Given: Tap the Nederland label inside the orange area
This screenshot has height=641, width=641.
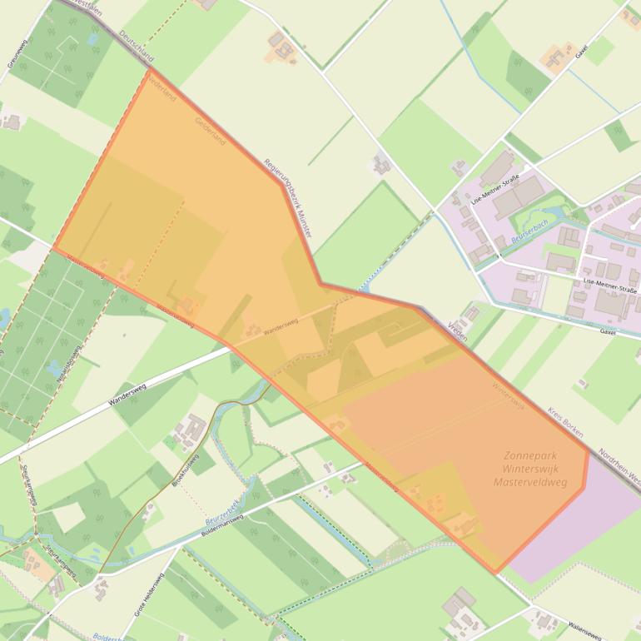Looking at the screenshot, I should click(x=161, y=87).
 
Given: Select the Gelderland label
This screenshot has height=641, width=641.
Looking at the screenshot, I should click(x=210, y=131).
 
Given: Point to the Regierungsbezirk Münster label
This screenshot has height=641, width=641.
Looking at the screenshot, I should click(x=286, y=199).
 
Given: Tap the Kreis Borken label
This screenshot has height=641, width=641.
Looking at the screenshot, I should click(x=565, y=423).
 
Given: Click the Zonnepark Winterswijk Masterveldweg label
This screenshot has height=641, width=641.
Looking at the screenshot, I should click(x=529, y=469).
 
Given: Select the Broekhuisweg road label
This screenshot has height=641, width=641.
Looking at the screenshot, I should click(x=185, y=470).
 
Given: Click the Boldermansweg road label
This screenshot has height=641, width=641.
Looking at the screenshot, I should click(x=221, y=529).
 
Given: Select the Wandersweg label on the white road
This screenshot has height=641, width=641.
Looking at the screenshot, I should click(x=132, y=394).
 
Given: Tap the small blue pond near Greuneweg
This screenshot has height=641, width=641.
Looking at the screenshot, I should click(x=3, y=317).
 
